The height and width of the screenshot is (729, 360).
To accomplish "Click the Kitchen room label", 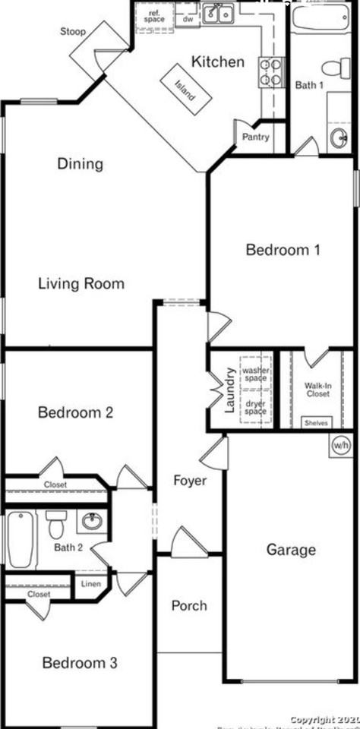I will pyautogui.click(x=217, y=62).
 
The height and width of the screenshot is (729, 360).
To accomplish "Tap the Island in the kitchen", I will pyautogui.click(x=184, y=90).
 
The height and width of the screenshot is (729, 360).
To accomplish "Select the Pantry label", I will pyautogui.click(x=256, y=137).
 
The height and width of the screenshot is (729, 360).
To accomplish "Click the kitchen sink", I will pyautogui.click(x=218, y=14).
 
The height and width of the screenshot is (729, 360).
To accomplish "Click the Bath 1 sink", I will pyautogui.click(x=339, y=137).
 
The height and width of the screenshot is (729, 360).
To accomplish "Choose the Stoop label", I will pyautogui.click(x=74, y=32).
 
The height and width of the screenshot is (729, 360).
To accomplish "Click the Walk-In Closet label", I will pyautogui.click(x=317, y=390).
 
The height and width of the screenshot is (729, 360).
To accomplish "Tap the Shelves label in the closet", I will pyautogui.click(x=316, y=423).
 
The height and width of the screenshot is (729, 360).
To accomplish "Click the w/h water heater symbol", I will pyautogui.click(x=340, y=446).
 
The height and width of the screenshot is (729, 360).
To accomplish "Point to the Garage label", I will pyautogui.click(x=291, y=550).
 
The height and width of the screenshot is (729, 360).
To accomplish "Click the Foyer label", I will pyautogui.click(x=189, y=480).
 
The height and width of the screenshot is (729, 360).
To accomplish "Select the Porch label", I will pyautogui.click(x=189, y=605).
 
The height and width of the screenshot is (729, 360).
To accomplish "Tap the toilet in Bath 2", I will pyautogui.click(x=56, y=523).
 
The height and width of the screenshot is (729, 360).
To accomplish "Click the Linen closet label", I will pyautogui.click(x=91, y=585).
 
